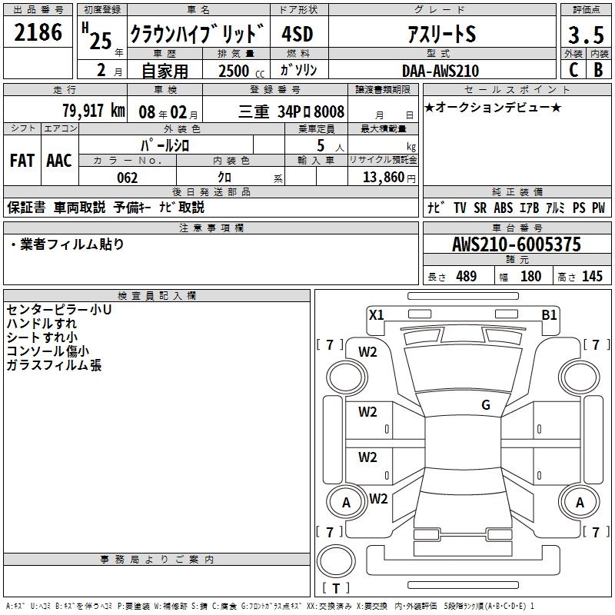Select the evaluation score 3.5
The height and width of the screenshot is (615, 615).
click(585, 35)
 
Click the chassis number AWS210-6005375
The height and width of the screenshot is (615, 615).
click(516, 245)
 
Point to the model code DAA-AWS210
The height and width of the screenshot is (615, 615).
click(440, 71)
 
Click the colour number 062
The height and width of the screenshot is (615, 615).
click(127, 178)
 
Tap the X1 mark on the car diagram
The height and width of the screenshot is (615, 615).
click(376, 314)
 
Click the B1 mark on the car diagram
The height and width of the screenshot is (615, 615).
click(549, 314)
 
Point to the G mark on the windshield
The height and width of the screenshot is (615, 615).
click(486, 405)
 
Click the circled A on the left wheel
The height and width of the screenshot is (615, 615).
click(346, 504)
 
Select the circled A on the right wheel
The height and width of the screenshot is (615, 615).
click(580, 503)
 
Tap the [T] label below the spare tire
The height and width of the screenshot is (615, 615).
click(336, 589)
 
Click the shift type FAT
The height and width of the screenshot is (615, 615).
click(22, 161)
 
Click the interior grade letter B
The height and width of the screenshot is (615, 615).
click(598, 70)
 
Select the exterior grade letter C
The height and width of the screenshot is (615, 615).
click(573, 70)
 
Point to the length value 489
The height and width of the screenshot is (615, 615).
click(466, 277)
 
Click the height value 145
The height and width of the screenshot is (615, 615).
click(592, 277)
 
